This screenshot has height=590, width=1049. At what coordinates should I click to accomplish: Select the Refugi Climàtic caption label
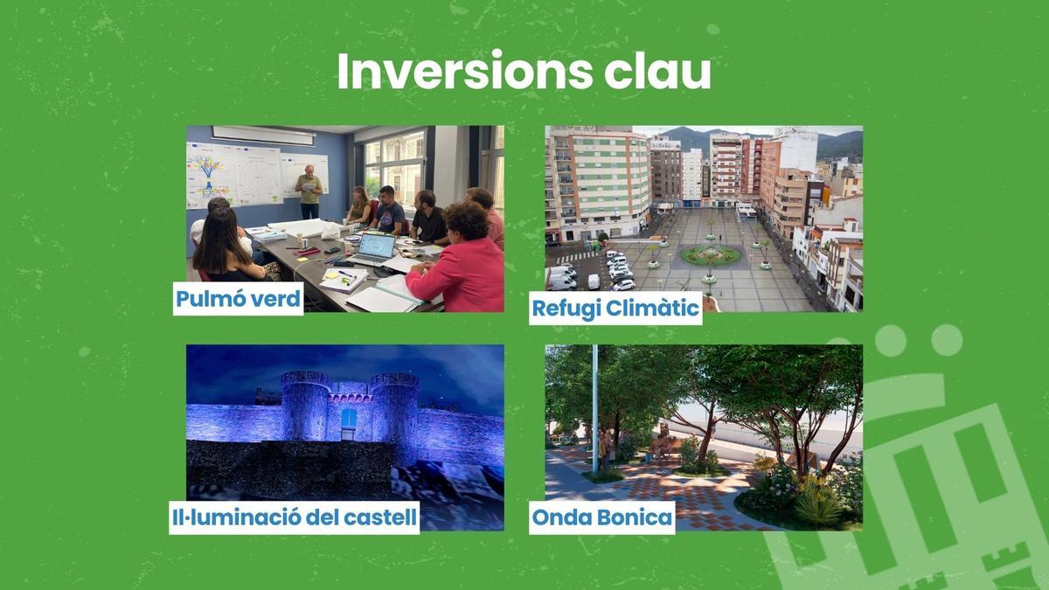[x=615, y=309]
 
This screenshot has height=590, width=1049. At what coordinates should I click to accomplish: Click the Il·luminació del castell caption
[x=295, y=517]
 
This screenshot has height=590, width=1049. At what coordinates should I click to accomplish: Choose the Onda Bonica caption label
[x=602, y=517]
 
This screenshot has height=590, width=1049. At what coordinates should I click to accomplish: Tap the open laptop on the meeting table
[x=373, y=248]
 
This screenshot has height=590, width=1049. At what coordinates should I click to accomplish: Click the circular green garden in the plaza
[x=710, y=255]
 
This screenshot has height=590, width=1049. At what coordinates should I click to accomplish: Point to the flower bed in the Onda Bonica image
[x=791, y=498]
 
